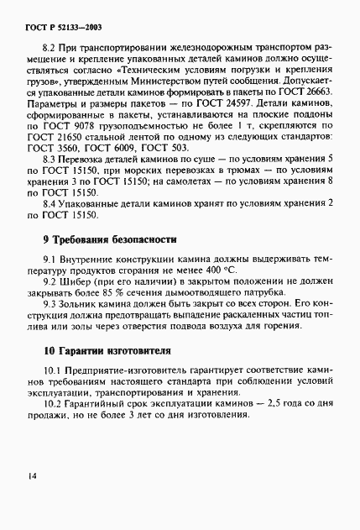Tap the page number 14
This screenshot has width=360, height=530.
click(31, 475)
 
